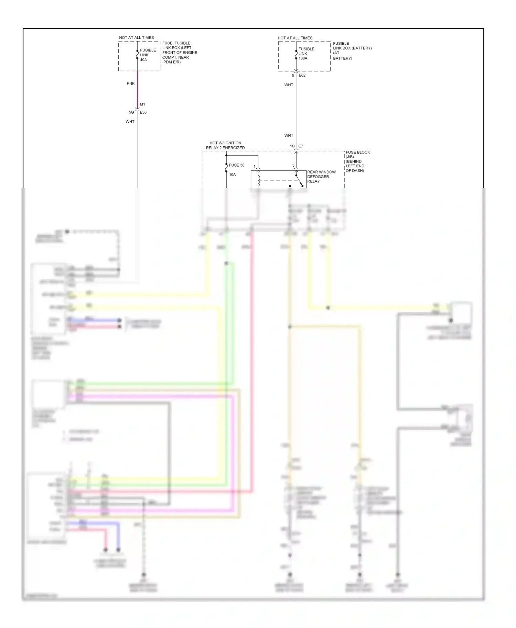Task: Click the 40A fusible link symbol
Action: tap(137, 55)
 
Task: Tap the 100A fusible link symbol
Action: tap(296, 55)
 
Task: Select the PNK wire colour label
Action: tap(131, 83)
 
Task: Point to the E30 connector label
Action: tap(143, 112)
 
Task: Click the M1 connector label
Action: tap(142, 104)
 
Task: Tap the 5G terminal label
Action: tap(131, 112)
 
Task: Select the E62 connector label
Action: tap(302, 75)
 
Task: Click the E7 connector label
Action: tap(301, 146)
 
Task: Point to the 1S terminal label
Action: tap(292, 146)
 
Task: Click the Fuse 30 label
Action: tap(237, 165)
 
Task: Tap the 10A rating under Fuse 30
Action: tap(233, 175)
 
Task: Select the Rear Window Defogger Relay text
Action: tap(321, 177)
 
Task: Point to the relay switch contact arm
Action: tap(299, 181)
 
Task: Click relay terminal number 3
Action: tap(293, 166)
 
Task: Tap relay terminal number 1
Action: tap(255, 167)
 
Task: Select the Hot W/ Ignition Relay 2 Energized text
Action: tap(225, 145)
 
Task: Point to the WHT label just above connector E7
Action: tap(289, 136)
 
